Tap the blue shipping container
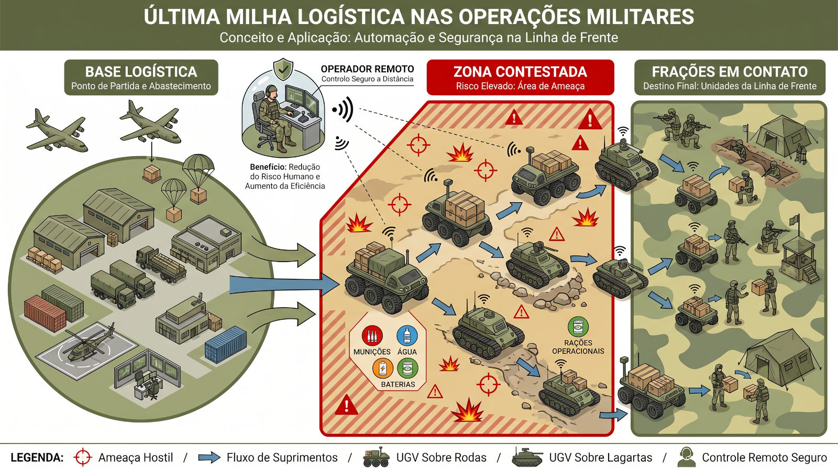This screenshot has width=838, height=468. coord(226,344)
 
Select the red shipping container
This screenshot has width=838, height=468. coord(45,313)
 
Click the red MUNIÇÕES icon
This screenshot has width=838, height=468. coord(372,335)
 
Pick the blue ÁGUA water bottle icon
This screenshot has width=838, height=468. coord(407,335)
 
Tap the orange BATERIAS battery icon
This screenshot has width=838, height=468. coord(383,368)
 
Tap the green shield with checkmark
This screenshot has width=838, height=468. coord(283,69)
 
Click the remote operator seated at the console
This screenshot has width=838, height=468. coord(272,118)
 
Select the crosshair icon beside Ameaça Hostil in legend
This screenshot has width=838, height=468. coord(83,458)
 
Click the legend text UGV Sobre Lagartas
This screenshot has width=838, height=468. coord(600,458)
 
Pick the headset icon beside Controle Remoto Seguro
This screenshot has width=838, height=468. coord(686,457)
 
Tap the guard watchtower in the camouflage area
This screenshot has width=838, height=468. coord(799,257)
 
